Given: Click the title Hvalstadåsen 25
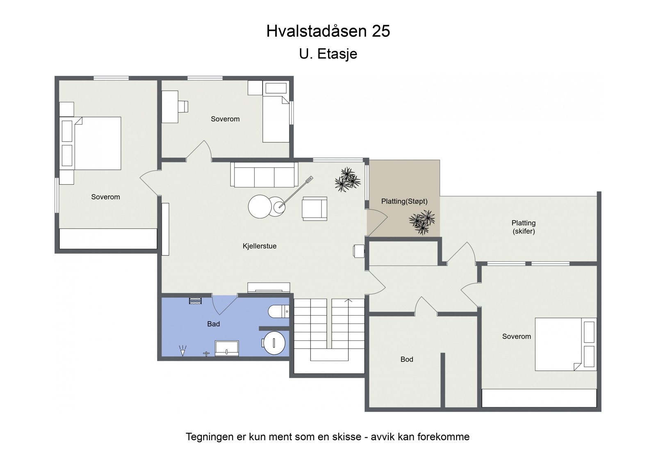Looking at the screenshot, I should click(x=328, y=31).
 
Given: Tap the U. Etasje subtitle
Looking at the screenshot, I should click(x=328, y=54).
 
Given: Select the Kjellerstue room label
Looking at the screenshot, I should click(x=260, y=246).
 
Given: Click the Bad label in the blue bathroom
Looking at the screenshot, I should click(x=213, y=324).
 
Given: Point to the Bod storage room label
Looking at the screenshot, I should click(x=407, y=359).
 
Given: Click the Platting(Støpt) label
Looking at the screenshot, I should click(x=404, y=201).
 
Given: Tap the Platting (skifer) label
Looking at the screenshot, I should click(x=524, y=227).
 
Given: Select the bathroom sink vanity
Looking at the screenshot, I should click(x=227, y=348).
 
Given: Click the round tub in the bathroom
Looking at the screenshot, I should click(x=274, y=343).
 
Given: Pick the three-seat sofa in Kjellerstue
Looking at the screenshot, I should click(x=264, y=175).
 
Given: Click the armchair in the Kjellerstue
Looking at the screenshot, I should click(x=314, y=208).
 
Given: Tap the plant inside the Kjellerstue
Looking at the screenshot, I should click(x=347, y=180).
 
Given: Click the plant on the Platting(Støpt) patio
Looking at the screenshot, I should click(x=422, y=222).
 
